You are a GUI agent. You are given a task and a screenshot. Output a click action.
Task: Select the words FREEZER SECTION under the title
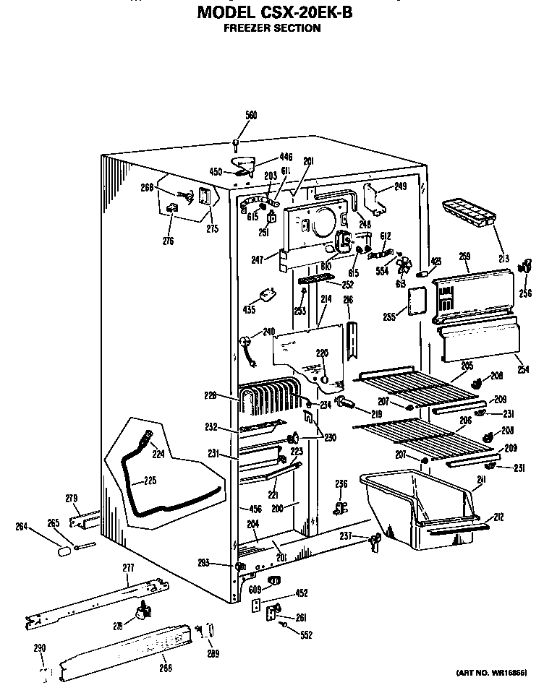pos(271,28)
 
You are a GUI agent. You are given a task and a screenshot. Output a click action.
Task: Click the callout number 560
pos(251,116)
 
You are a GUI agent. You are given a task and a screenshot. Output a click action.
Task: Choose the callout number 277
pos(128,568)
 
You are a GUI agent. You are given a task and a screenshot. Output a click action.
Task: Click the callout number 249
pos(400,187)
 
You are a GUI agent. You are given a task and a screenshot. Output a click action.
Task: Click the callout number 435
pos(250,309)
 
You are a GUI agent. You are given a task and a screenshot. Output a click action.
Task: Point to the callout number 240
pos(269,332)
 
